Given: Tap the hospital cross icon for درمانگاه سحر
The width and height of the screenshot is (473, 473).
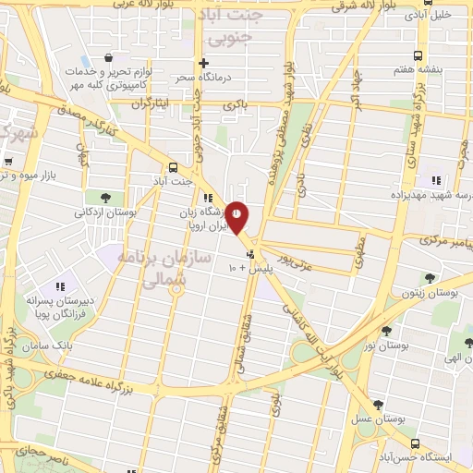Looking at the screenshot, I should [x=205, y=89].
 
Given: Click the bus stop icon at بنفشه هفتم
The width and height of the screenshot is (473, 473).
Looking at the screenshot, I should [x=418, y=55].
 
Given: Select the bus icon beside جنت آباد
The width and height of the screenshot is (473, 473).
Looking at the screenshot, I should [x=173, y=167].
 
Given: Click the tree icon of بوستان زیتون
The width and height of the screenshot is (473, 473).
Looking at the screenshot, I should [x=430, y=277].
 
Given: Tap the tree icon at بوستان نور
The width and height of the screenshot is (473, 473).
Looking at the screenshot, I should [x=386, y=329].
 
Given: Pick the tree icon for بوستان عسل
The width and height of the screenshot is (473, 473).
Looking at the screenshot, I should [x=377, y=404].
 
